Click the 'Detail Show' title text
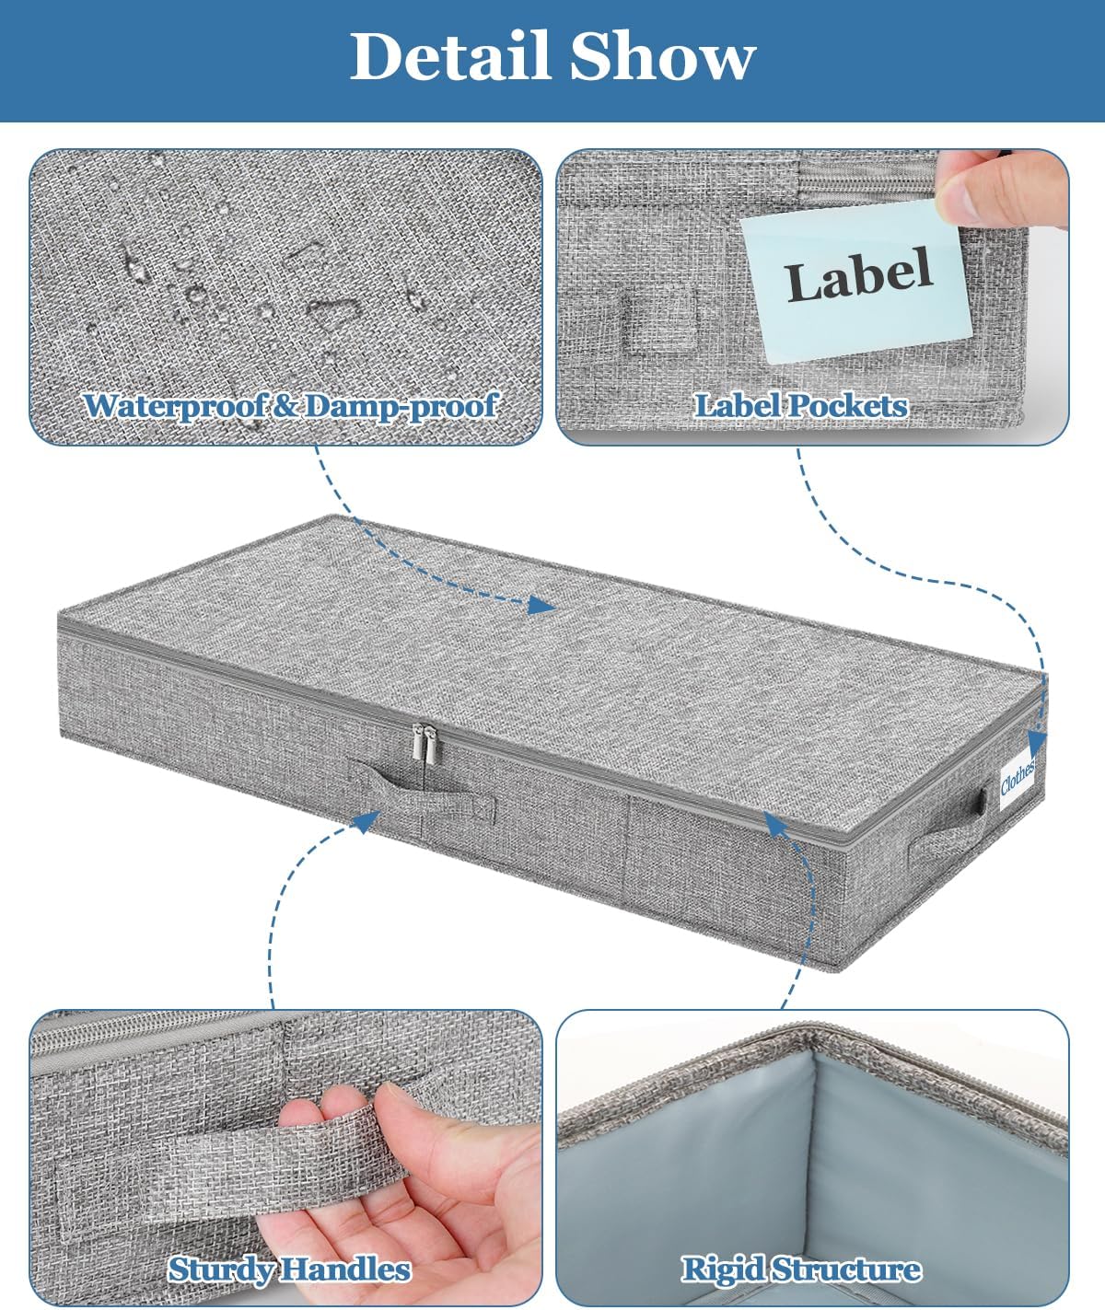coord(552,57)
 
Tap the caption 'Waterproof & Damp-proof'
coord(290,406)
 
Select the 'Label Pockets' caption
coord(800,406)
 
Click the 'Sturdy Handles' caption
coord(288,1269)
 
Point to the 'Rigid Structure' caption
coord(800,1269)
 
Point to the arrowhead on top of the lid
coord(542,605)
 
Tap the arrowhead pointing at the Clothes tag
coord(1036,742)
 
